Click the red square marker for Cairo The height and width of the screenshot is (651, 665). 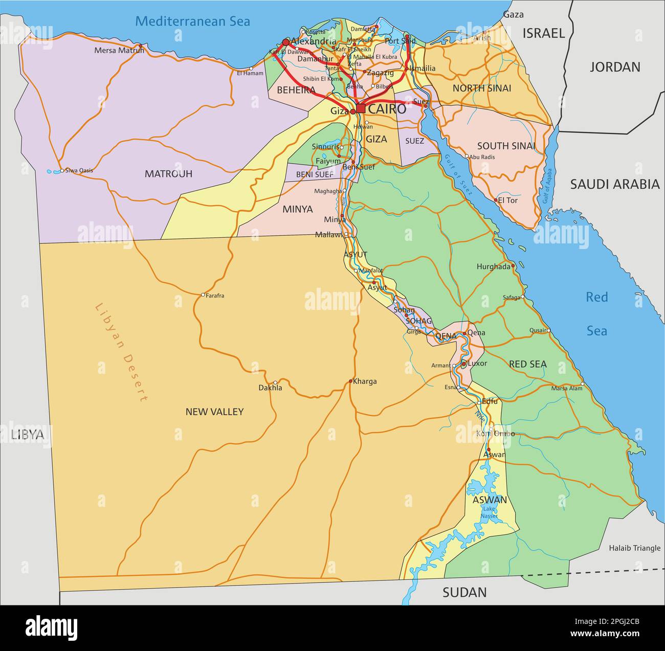tap(361, 108)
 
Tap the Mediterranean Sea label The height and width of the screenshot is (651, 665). tap(193, 21)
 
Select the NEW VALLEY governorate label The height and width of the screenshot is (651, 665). tap(214, 412)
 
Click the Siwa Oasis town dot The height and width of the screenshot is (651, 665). tap(61, 170)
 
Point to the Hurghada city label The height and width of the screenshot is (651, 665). tap(493, 266)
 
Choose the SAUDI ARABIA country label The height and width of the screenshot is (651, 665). tap(614, 185)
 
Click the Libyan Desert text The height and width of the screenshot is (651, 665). tap(121, 352)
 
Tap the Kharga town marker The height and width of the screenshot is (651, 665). tap(350, 381)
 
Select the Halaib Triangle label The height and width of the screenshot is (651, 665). tap(634, 548)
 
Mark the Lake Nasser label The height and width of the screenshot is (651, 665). tap(490, 512)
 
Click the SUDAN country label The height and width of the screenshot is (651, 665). tap(464, 592)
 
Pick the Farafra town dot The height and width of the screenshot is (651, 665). tap(203, 295)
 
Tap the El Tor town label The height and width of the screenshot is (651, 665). tap(507, 200)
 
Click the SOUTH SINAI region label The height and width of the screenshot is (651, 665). tap(506, 146)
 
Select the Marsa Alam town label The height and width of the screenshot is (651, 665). tap(566, 388)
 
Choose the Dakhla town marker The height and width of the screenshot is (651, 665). tap(275, 382)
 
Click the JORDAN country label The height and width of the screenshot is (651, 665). tap(615, 67)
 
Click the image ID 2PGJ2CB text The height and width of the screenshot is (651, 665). tap(612, 622)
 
